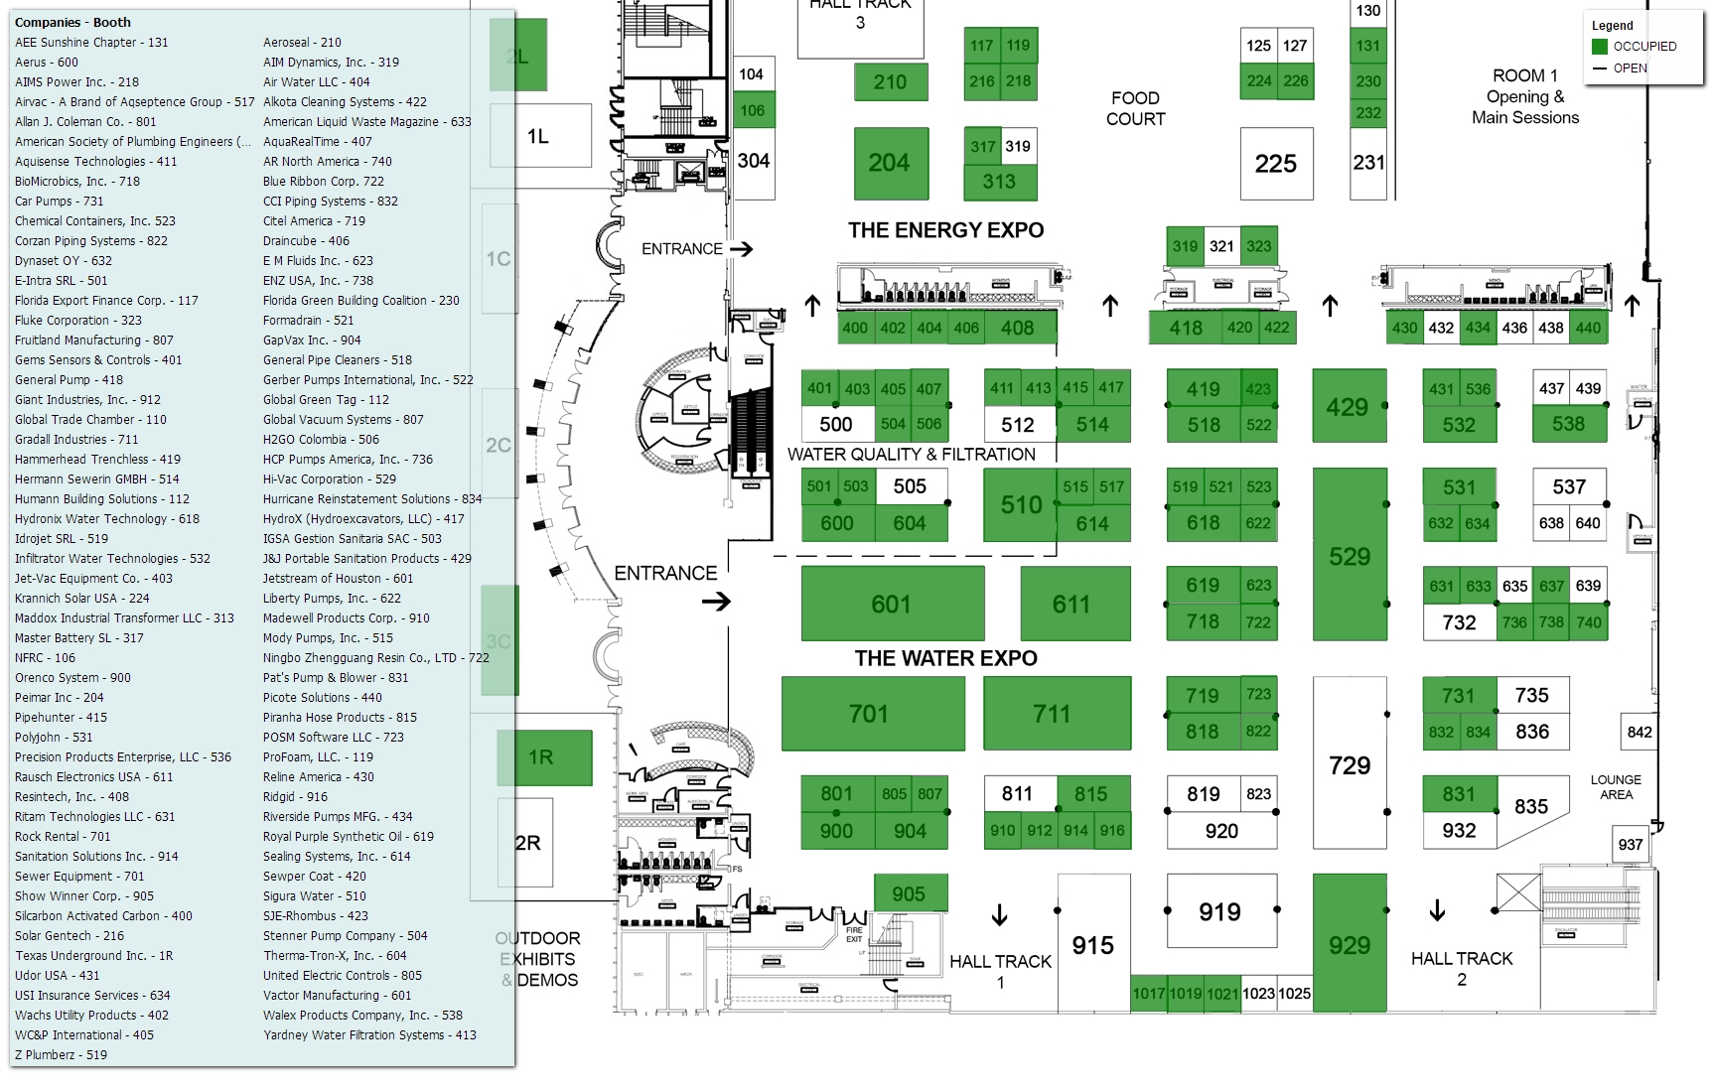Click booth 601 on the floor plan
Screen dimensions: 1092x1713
[x=892, y=604]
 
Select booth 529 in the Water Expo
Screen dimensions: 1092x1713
[x=1350, y=556]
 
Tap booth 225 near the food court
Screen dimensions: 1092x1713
[x=1276, y=164]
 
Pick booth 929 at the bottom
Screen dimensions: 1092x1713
[x=1350, y=945]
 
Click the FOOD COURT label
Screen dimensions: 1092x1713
[x=1136, y=108]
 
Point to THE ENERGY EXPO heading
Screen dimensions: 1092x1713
[x=945, y=230]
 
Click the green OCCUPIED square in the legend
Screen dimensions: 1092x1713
[x=1600, y=47]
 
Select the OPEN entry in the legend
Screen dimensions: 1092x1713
[x=1630, y=68]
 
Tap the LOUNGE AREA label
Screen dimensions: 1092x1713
[x=1616, y=787]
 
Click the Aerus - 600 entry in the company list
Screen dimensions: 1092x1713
[x=47, y=63]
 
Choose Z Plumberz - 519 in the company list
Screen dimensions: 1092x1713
[x=62, y=1055]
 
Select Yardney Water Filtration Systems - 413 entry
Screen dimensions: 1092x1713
[x=369, y=1035]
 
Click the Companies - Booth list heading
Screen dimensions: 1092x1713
[x=72, y=22]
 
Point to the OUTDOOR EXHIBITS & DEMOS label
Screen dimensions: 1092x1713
[x=537, y=959]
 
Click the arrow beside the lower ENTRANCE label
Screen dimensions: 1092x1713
[x=716, y=602]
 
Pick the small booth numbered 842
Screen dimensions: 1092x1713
[x=1640, y=733]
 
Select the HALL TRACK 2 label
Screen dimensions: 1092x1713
[x=1462, y=968]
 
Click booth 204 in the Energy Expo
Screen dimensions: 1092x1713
[x=890, y=163]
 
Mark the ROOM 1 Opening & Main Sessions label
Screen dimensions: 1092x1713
[x=1525, y=96]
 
